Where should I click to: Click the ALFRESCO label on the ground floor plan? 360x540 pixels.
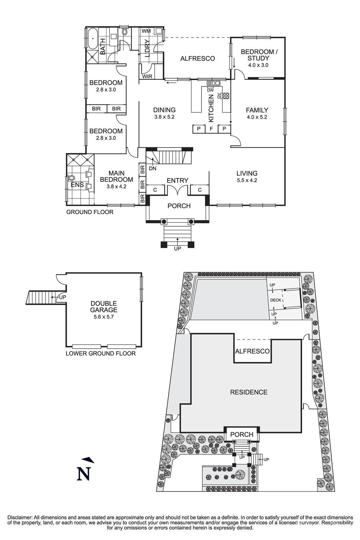click(x=197, y=58)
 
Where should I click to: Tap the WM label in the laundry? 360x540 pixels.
click(x=146, y=32)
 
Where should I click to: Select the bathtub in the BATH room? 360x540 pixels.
click(x=93, y=38)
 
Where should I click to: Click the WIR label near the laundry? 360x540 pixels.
click(x=147, y=76)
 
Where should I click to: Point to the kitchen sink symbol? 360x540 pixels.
click(x=213, y=83)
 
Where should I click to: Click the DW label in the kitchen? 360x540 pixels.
click(x=210, y=90)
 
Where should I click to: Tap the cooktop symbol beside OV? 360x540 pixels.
click(x=226, y=96)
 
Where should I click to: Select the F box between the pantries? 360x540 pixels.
click(x=211, y=129)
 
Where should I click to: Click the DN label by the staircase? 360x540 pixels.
click(x=153, y=169)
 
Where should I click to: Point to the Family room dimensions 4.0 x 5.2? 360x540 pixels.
click(x=257, y=117)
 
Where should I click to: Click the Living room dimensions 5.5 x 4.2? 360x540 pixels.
click(x=247, y=180)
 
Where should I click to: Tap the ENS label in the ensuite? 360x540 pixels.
click(x=77, y=185)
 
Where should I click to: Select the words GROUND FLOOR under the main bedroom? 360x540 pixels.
click(x=90, y=212)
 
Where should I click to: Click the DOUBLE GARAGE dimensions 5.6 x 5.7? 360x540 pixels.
click(x=104, y=317)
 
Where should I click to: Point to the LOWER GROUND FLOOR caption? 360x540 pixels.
click(x=101, y=353)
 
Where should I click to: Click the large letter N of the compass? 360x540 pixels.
click(x=84, y=474)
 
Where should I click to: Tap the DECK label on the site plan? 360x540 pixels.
click(x=276, y=300)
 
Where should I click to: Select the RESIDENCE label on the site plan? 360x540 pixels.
click(x=249, y=392)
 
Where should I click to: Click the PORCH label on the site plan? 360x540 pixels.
click(x=242, y=435)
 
